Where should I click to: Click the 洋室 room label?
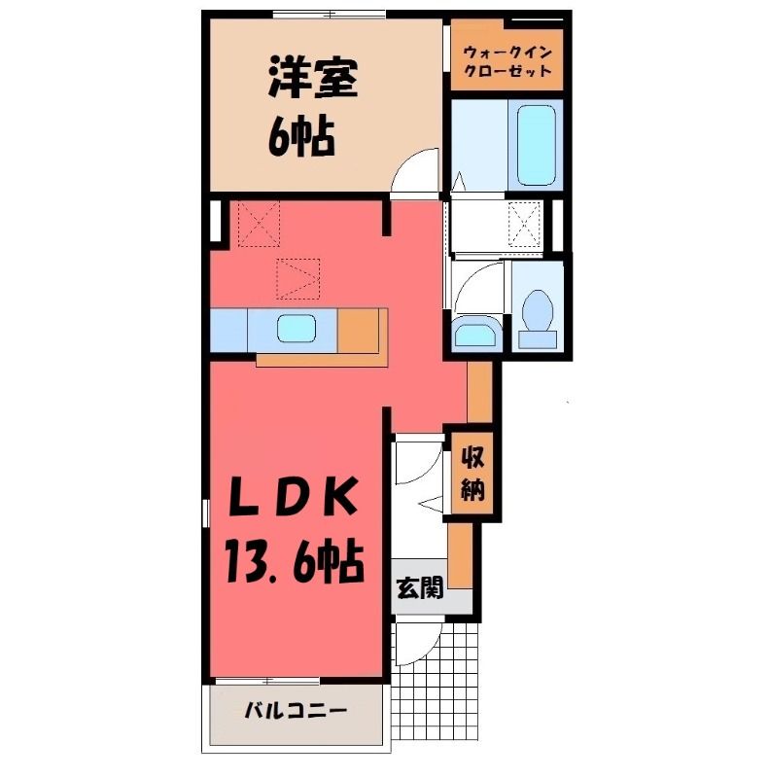click(x=313, y=79)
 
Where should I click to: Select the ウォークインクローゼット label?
click(x=507, y=61)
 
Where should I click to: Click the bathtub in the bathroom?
click(x=535, y=145)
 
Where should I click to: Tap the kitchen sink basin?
click(x=297, y=329)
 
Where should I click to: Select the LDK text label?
click(x=295, y=496)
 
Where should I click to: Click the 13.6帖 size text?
click(x=295, y=562)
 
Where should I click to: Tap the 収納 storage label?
click(x=472, y=474)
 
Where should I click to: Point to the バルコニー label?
click(x=296, y=711)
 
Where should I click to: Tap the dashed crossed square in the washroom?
click(x=525, y=223)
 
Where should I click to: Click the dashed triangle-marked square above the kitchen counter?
click(x=297, y=279)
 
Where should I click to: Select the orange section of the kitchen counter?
click(x=358, y=331)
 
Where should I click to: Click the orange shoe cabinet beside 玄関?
click(x=460, y=555)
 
